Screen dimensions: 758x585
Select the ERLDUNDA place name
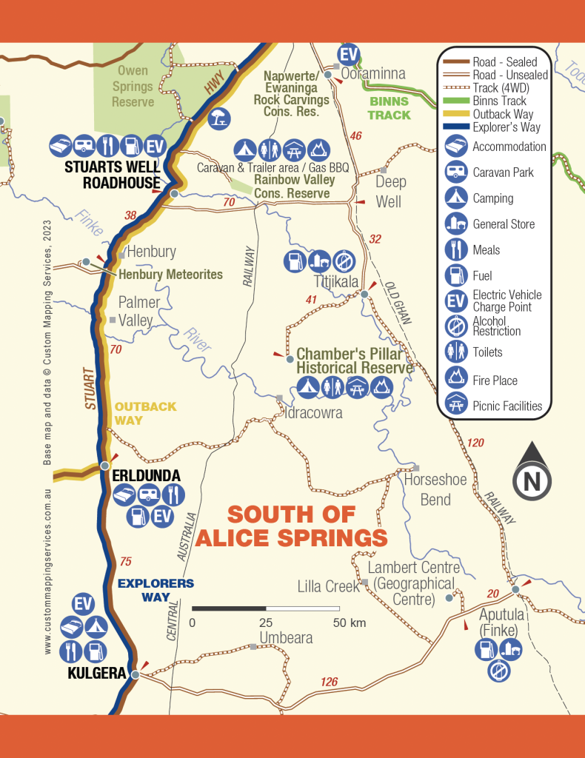[x=146, y=474]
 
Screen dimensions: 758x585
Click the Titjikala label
[x=335, y=282]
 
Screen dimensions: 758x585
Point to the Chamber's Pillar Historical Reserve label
[x=354, y=360]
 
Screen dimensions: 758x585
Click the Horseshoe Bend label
[x=435, y=489]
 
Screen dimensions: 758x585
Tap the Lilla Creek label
[x=328, y=586]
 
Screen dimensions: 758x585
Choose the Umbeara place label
[x=286, y=637]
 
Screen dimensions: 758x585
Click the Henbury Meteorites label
[x=170, y=275]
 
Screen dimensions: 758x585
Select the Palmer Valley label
[x=138, y=312]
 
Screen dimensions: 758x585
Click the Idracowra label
[x=313, y=413]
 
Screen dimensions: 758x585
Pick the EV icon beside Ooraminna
[x=348, y=54]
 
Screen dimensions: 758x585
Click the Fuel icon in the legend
[x=454, y=276]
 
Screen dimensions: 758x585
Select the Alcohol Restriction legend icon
[x=454, y=326]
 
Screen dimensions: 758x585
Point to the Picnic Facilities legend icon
[x=454, y=405]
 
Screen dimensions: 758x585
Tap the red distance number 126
[x=329, y=682]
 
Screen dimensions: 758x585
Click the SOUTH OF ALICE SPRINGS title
[x=307, y=526]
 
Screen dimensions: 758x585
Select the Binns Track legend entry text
[x=499, y=101]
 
